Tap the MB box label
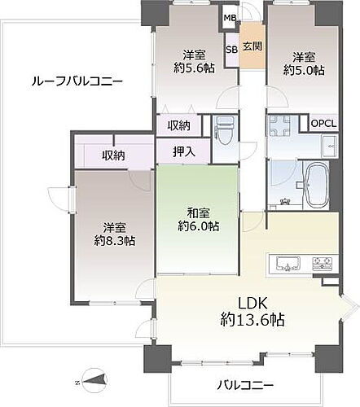pyautogui.click(x=230, y=16)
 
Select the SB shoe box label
pyautogui.click(x=231, y=49)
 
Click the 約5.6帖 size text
pyautogui.click(x=193, y=71)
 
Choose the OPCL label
pyautogui.click(x=324, y=124)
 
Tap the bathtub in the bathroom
pyautogui.click(x=314, y=185)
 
